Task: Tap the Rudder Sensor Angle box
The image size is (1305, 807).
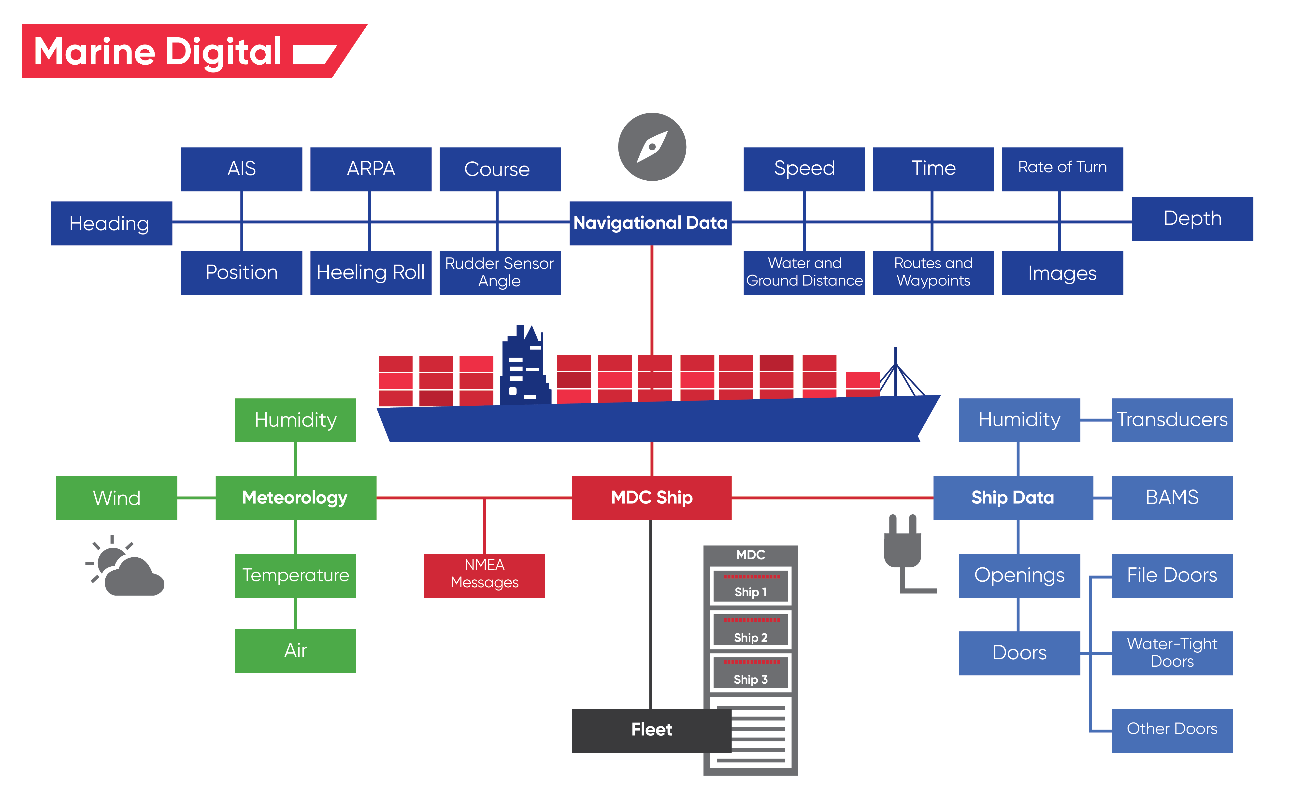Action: tap(499, 272)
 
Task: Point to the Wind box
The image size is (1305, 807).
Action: tap(116, 497)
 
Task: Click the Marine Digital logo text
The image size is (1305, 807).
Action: tap(158, 52)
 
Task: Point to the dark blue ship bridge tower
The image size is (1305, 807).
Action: tap(524, 368)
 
